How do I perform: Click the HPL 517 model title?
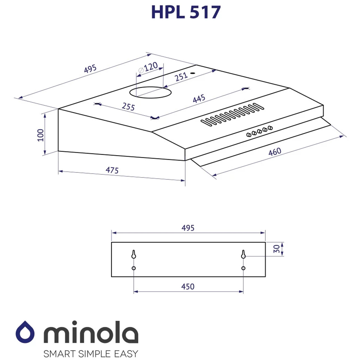point(186,12)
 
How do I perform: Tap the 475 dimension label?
point(112,170)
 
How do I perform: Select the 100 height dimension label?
point(40,135)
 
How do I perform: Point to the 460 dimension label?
point(275,152)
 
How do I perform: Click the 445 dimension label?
point(199,99)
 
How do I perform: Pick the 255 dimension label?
point(128,107)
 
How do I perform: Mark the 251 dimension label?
point(181,76)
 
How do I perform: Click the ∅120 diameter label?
point(148,68)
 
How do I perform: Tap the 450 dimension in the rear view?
point(188,287)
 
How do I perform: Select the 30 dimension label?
point(276,249)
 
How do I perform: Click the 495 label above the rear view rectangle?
point(188,228)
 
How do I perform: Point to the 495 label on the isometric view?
point(90,69)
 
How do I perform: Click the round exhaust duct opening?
point(150,92)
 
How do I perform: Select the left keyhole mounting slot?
point(134,255)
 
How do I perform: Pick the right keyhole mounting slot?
point(243,255)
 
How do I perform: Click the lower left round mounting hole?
point(134,269)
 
